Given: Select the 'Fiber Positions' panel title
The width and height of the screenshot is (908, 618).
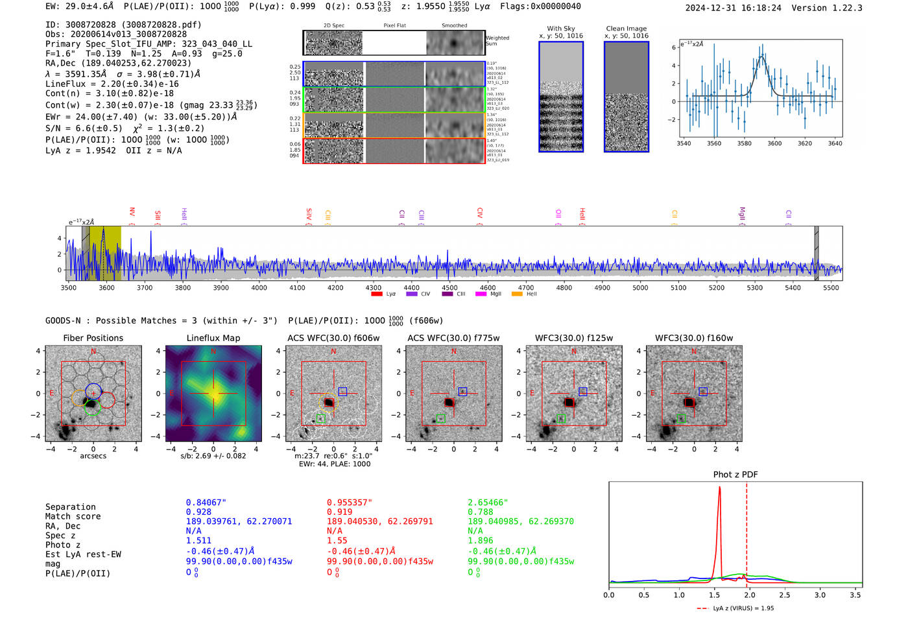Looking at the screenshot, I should (x=93, y=338).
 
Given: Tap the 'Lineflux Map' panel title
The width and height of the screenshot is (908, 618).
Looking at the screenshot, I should (x=213, y=338).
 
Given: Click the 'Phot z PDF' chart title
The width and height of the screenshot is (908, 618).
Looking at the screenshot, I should (x=735, y=474).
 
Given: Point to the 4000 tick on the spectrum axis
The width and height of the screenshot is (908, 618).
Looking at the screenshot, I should (x=259, y=287).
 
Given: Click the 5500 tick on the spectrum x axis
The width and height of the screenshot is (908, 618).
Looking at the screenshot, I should (x=831, y=287).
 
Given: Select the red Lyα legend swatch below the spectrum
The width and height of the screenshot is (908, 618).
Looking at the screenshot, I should (x=377, y=294).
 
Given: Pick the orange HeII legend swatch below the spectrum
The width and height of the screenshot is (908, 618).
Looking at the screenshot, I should (x=517, y=294).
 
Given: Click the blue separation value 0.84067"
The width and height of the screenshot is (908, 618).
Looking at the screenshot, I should (x=206, y=503).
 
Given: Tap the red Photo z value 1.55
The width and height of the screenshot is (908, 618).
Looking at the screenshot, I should (x=337, y=540).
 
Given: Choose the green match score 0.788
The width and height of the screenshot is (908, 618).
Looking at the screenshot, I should (x=480, y=512).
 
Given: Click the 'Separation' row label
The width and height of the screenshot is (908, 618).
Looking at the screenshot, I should (x=70, y=506).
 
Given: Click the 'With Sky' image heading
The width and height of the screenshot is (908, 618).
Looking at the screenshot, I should (x=560, y=29).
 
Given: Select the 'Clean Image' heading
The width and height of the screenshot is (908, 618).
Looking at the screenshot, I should (x=626, y=29).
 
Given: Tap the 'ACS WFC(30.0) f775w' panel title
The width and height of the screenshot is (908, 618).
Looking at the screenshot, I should (x=453, y=338).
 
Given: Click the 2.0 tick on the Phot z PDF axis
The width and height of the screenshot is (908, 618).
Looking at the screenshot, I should (x=749, y=594).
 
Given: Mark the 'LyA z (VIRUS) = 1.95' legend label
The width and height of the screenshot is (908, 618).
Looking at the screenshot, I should (x=743, y=608).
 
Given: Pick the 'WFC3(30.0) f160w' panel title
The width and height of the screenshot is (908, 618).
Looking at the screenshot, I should (x=694, y=338).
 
